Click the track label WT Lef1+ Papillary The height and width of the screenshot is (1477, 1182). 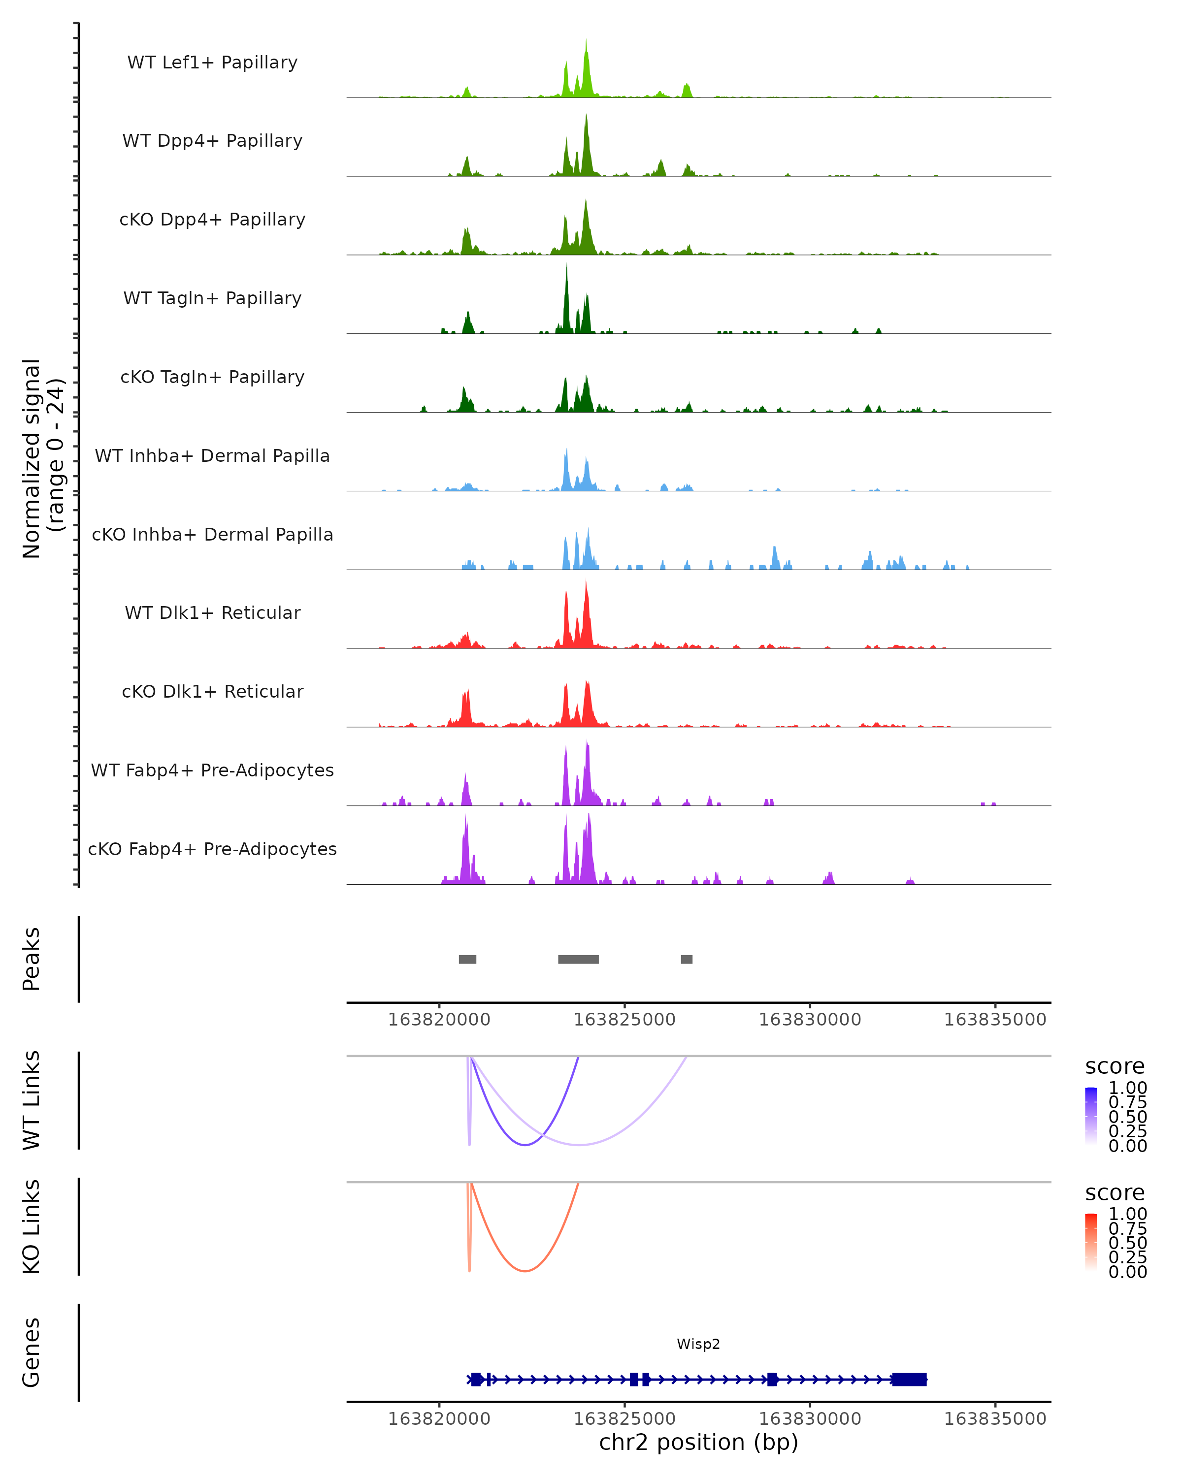click(x=212, y=63)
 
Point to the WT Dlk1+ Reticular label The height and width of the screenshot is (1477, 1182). click(x=212, y=612)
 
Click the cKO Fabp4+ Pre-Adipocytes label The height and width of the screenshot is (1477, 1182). click(x=212, y=849)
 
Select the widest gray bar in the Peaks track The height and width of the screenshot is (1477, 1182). click(x=578, y=959)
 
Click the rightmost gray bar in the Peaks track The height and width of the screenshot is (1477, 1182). click(x=687, y=959)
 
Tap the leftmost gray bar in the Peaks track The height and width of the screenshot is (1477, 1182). click(x=467, y=959)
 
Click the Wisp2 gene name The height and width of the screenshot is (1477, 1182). click(x=698, y=1344)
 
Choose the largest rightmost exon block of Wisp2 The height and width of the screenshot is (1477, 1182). click(x=909, y=1379)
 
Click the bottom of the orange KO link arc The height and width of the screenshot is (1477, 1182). click(x=525, y=1271)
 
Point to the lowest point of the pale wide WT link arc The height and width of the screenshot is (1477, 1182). click(x=580, y=1145)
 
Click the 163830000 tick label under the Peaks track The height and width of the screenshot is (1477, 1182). click(x=810, y=1020)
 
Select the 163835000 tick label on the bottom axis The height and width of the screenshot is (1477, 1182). click(x=995, y=1419)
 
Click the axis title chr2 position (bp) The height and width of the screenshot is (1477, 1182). click(x=698, y=1442)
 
